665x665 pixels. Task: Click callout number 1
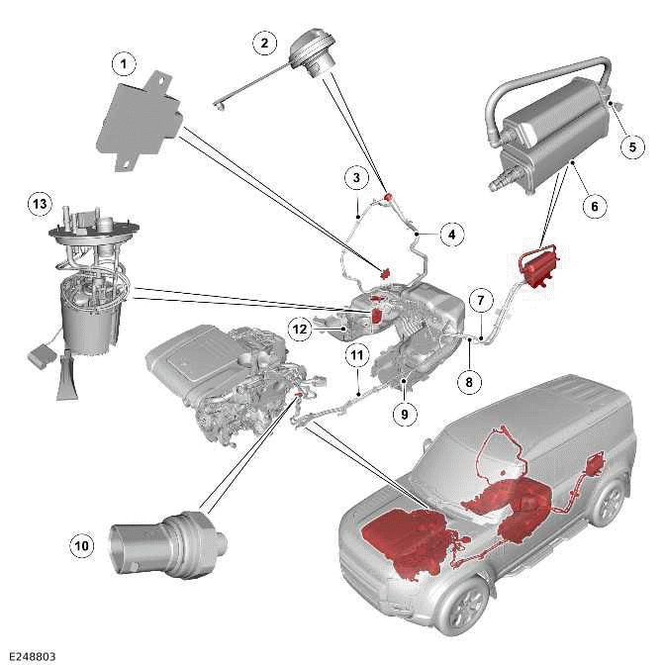coord(123,64)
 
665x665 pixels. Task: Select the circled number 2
coord(263,43)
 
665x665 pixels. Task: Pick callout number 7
coord(480,299)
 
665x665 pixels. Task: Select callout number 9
coord(404,416)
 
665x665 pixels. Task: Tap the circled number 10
coord(82,543)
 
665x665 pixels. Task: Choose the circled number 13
coord(39,203)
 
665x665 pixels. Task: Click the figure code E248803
coord(34,654)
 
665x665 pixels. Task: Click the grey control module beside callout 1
coord(141,117)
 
